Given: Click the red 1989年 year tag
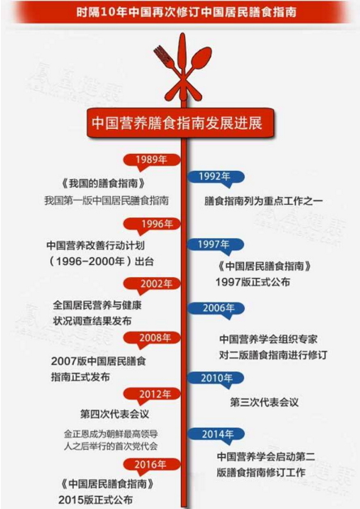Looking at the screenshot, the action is (152, 160).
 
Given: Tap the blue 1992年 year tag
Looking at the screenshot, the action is (216, 177).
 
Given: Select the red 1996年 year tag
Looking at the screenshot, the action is (152, 225).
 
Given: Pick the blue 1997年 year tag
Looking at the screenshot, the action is (216, 245).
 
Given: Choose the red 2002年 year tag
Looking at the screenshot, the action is (152, 284).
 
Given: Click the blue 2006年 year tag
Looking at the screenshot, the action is (216, 308).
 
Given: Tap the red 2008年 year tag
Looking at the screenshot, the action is (152, 338).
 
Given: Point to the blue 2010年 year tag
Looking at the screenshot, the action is (216, 378).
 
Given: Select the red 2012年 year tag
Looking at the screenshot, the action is (152, 394).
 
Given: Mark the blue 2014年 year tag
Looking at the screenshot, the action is (216, 434).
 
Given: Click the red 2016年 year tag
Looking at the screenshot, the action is (152, 464).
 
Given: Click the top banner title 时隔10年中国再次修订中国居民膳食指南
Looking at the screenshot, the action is (186, 12).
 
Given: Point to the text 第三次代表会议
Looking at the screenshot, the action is (264, 403).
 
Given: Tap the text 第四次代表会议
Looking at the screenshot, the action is (114, 414).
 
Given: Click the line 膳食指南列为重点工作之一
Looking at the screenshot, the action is (264, 201).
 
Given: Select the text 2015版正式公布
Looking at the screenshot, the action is (96, 500).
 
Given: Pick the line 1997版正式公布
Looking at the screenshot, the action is (252, 282).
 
